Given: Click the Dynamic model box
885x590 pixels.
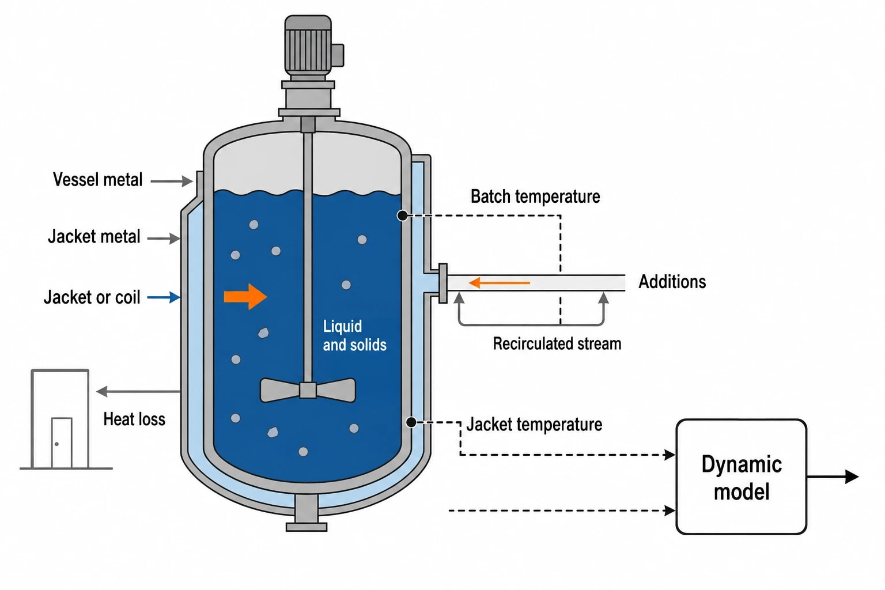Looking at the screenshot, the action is point(741,476).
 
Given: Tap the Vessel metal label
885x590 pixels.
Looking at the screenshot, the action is point(97,180).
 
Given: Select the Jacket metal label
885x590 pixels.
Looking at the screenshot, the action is point(94,237).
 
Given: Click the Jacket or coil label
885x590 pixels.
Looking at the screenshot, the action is point(92,297).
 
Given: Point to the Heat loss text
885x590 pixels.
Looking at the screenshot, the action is point(134,419).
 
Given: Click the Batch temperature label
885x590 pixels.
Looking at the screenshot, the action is point(535,196).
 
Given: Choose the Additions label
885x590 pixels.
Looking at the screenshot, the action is point(672,282).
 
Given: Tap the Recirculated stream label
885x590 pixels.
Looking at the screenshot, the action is point(557,344).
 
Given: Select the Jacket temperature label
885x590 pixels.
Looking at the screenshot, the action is point(534,425).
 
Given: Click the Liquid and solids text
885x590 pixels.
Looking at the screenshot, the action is point(354,335).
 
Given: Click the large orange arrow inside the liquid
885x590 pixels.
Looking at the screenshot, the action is point(245,296).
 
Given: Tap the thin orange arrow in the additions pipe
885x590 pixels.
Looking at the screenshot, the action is point(500,282).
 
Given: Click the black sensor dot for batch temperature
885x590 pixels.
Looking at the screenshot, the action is point(402,215).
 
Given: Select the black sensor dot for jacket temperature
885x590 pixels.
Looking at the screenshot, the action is point(411,422).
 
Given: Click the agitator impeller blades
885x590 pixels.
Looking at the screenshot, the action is point(308,391).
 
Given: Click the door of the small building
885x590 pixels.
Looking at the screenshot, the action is point(62,443).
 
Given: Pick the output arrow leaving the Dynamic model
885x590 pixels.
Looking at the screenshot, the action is point(833,476).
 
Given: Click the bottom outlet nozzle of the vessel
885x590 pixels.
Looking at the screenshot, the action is point(307,513).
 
